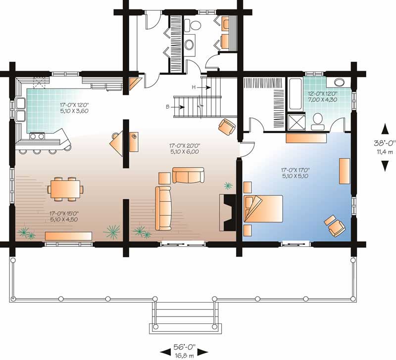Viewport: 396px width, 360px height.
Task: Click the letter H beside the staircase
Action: (x=195, y=88)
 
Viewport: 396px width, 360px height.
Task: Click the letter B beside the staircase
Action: (x=168, y=106)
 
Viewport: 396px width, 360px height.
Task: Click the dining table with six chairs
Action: (x=65, y=188)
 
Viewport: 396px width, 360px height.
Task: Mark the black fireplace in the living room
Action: (x=228, y=212)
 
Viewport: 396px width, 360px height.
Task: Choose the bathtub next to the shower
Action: (x=295, y=94)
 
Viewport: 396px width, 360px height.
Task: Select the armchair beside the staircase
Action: (x=227, y=126)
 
